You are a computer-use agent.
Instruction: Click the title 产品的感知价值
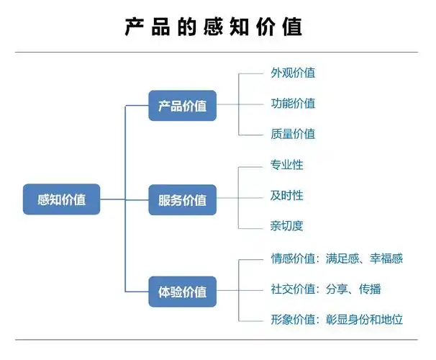pyautogui.click(x=214, y=27)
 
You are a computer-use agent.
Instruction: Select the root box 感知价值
pyautogui.click(x=61, y=199)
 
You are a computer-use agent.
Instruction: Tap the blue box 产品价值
pyautogui.click(x=182, y=106)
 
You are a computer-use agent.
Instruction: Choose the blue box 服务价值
pyautogui.click(x=182, y=199)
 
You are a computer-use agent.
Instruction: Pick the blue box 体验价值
pyautogui.click(x=182, y=292)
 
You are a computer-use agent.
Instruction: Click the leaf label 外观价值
pyautogui.click(x=293, y=73)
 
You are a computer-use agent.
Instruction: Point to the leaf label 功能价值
pyautogui.click(x=293, y=103)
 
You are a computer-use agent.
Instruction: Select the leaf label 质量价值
pyautogui.click(x=293, y=134)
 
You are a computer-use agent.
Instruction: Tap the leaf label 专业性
pyautogui.click(x=287, y=165)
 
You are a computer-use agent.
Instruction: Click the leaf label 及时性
pyautogui.click(x=287, y=195)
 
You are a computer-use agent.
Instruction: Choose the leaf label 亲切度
pyautogui.click(x=287, y=226)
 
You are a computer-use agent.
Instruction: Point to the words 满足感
pyautogui.click(x=342, y=258)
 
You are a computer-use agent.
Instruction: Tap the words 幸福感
pyautogui.click(x=386, y=258)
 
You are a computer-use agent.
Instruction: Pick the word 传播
pyautogui.click(x=370, y=289)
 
